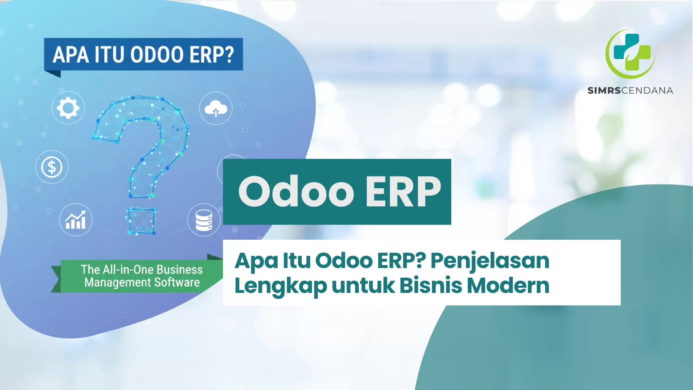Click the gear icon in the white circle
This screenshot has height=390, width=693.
pos(68,108)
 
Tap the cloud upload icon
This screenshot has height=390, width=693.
pos(216,108)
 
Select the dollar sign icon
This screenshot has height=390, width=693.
pos(52,167)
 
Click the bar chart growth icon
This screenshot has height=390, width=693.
pos(76,220)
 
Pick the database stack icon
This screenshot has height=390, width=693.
pos(204,220)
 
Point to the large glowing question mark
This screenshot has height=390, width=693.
pos(142,144)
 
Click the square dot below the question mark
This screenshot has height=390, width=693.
pos(141,221)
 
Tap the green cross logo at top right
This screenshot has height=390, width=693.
pos(631,53)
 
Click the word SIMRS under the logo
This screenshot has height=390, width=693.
pos(604,90)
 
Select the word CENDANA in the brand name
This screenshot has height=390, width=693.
pos(647,90)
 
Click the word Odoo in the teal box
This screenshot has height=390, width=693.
pos(296,192)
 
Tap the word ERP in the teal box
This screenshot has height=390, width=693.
pos(403,192)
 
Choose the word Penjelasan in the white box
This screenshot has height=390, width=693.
pos(490,261)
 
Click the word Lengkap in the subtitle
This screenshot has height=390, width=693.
pos(281,286)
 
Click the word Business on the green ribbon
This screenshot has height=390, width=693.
pos(180,269)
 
